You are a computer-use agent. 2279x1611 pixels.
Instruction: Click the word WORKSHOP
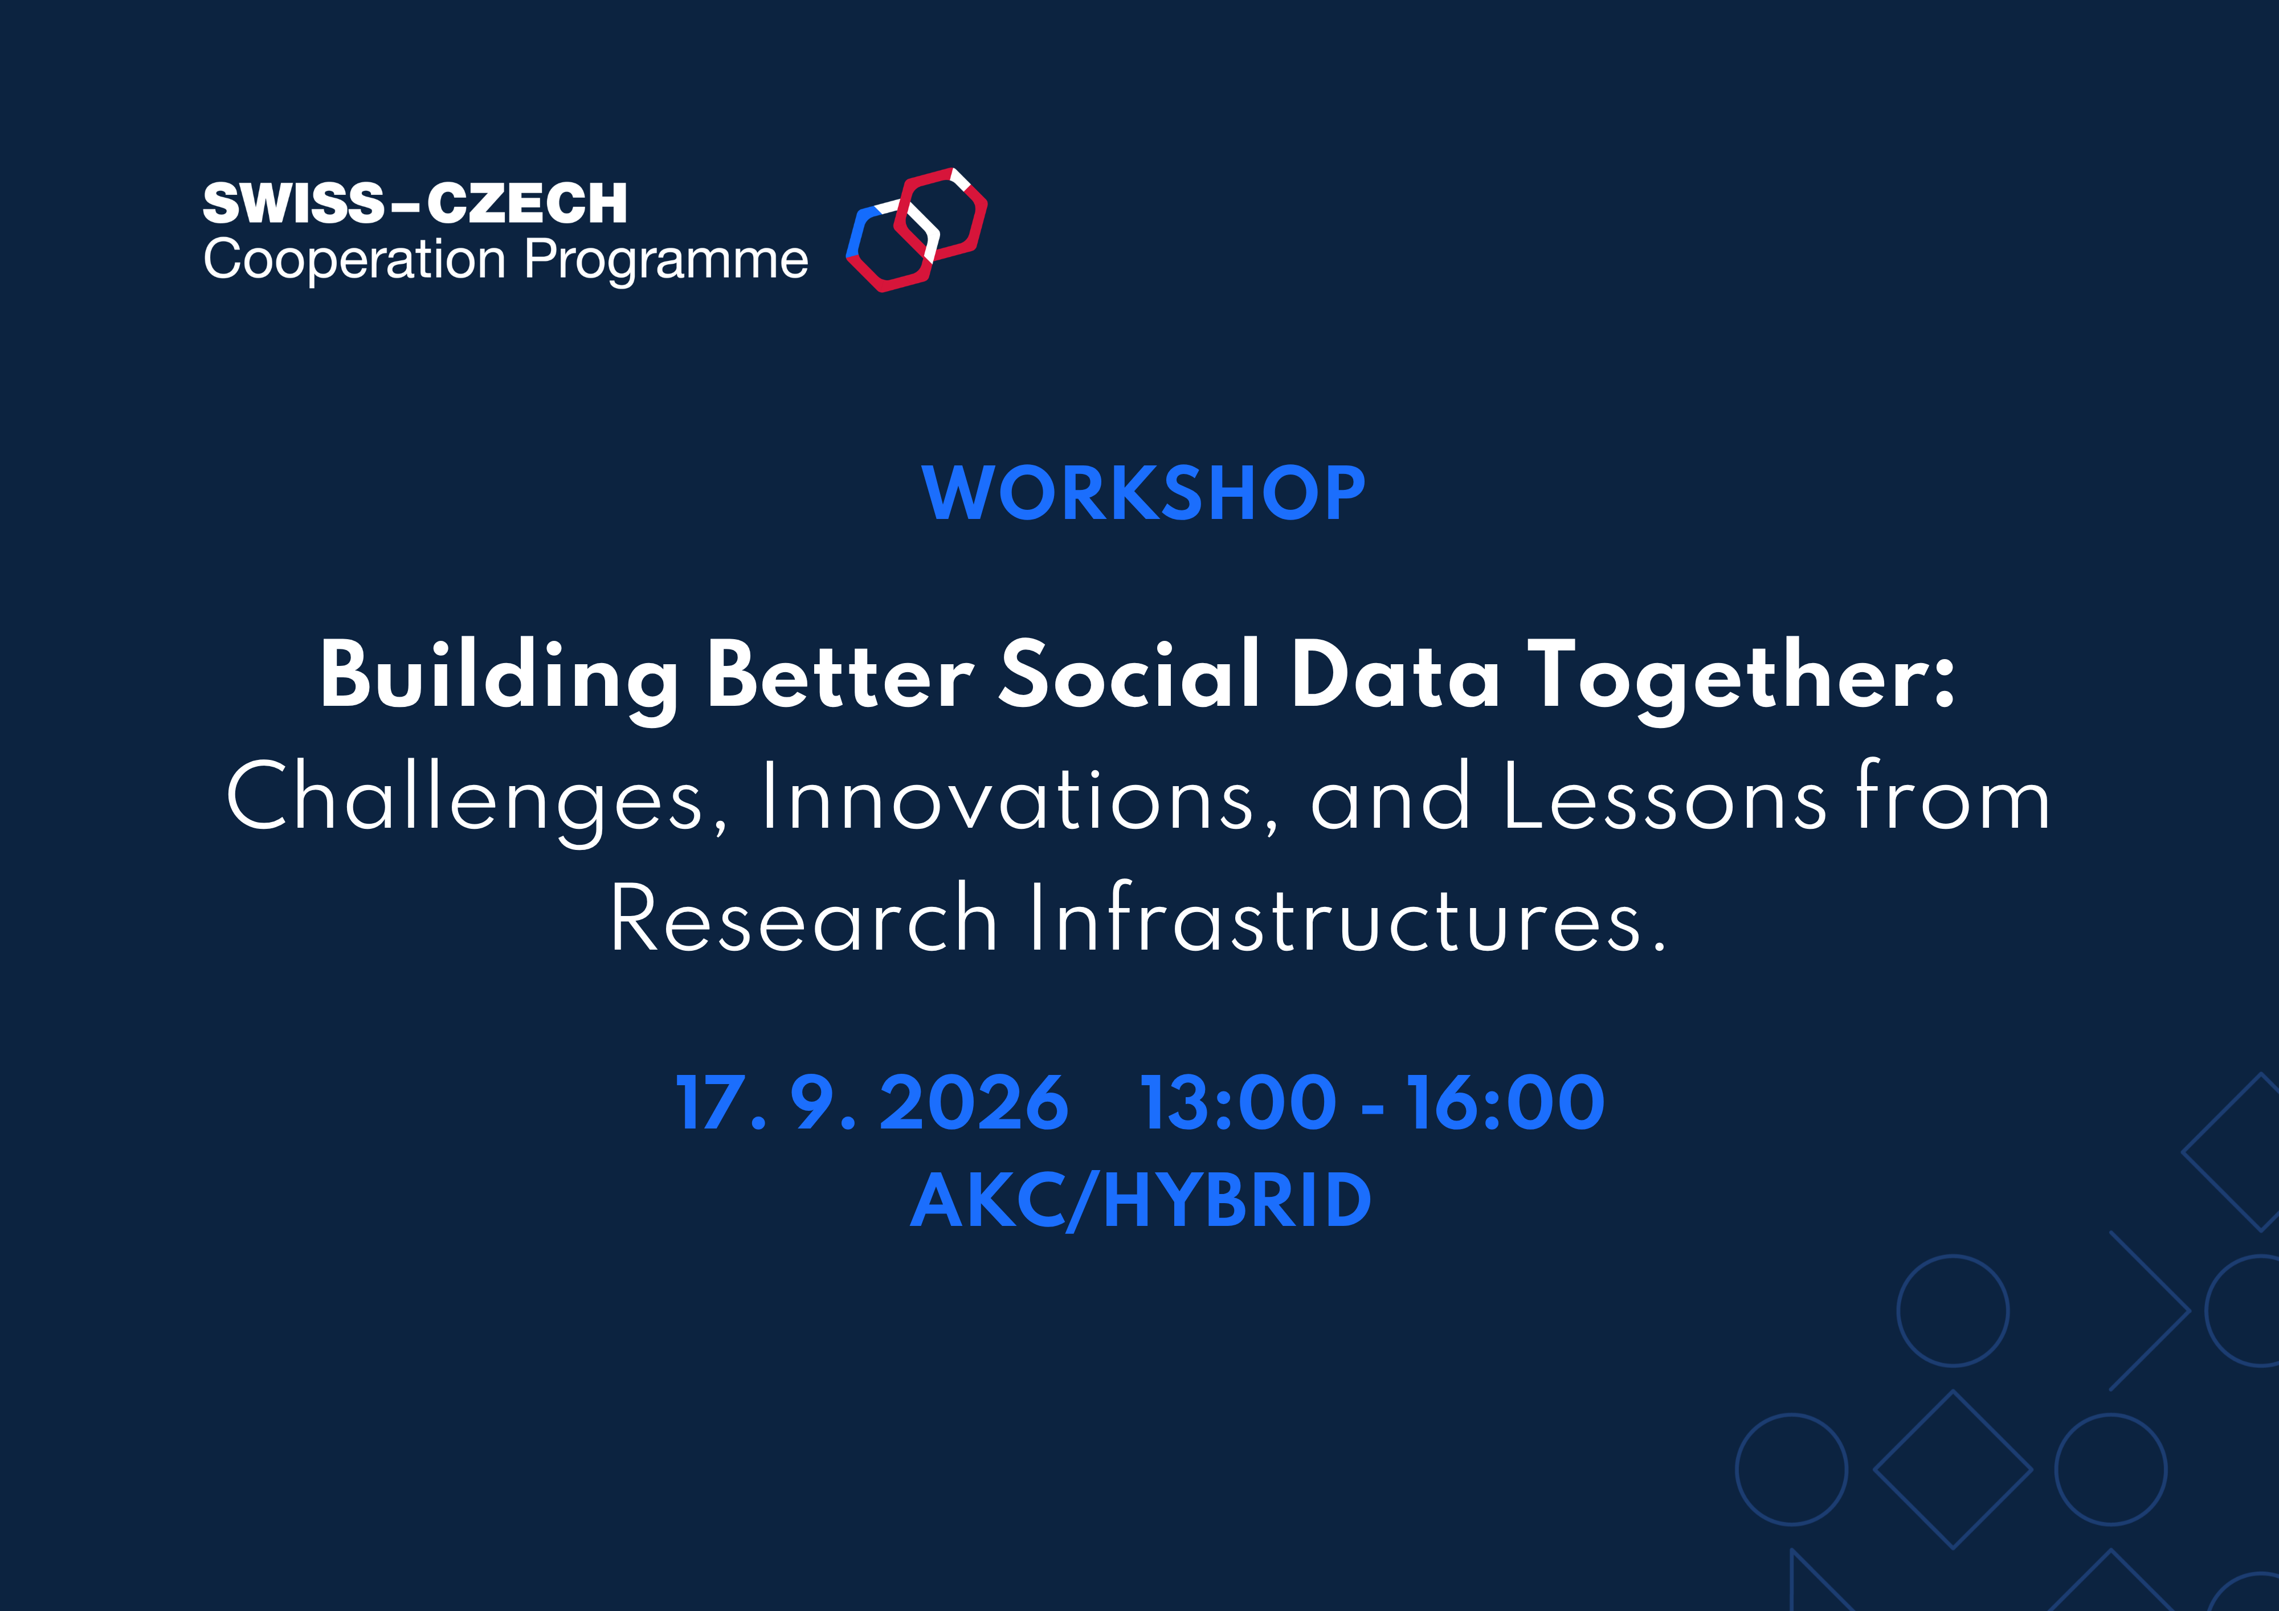1143,493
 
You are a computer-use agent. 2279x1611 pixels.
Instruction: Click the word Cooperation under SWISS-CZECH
354,260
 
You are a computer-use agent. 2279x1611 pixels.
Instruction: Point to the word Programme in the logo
666,260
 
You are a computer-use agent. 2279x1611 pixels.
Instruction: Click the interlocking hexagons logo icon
916,230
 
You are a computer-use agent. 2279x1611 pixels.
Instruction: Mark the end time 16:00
1505,1103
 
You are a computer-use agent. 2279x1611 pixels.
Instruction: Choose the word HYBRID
1237,1201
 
